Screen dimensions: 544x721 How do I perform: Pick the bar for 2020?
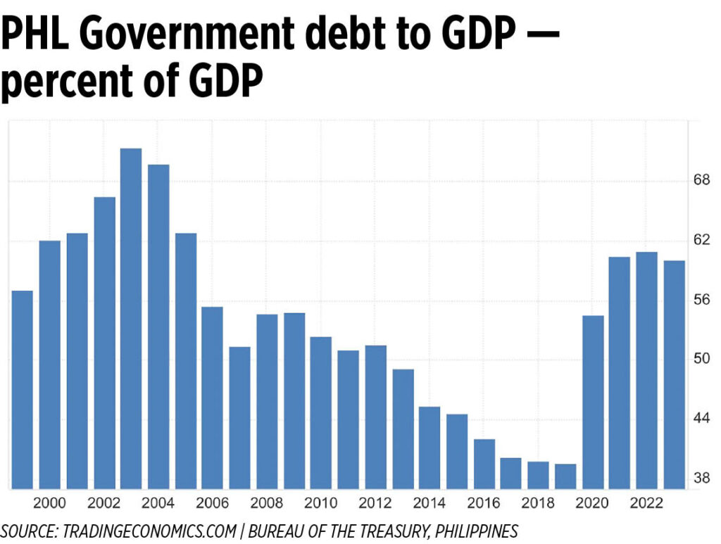593,402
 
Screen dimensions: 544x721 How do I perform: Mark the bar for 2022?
647,370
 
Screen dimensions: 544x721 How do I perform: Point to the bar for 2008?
267,401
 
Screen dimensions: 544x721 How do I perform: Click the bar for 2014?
430,448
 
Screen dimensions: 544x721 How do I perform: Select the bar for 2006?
213,398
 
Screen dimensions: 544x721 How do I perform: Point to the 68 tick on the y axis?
701,181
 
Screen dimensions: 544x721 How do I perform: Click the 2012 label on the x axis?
375,503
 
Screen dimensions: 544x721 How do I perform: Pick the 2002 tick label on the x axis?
104,503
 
